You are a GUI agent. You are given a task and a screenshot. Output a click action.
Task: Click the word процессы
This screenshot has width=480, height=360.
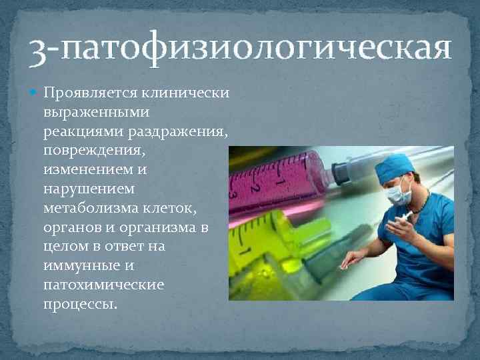(80, 305)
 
